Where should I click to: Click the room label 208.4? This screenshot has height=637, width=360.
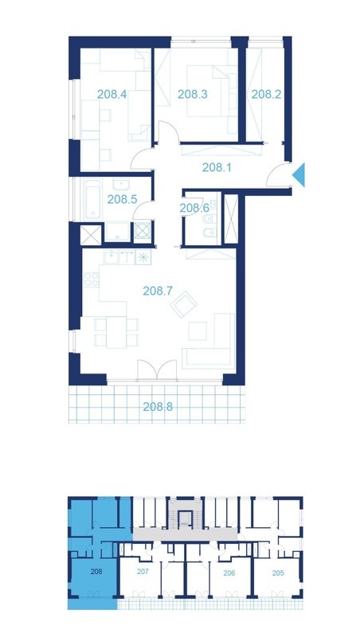[112, 94]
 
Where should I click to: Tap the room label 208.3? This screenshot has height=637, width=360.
[192, 94]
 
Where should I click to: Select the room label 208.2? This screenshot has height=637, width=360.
[266, 94]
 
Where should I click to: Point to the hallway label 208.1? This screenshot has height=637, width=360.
[217, 167]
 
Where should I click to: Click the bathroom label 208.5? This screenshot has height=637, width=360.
[122, 199]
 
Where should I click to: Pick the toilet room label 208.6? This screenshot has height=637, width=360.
[194, 208]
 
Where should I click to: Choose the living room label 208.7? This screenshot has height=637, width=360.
[158, 291]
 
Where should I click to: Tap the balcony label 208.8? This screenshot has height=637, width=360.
[158, 406]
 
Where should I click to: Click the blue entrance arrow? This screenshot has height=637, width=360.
[299, 174]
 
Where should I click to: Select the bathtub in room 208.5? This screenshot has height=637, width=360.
[92, 200]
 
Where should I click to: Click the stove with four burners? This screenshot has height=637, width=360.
[91, 279]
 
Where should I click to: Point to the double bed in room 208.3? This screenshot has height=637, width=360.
[208, 92]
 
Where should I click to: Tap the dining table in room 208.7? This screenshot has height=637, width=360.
[116, 332]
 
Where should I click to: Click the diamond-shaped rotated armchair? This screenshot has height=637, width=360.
[183, 304]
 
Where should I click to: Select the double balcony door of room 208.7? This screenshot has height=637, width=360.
[157, 369]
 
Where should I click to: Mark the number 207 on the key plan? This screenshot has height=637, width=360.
[143, 572]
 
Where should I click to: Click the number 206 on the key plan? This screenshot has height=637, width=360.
[229, 573]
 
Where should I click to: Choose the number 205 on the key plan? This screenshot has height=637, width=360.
[278, 573]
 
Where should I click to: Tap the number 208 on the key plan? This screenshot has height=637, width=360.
[96, 572]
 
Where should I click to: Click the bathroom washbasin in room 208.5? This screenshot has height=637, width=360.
[121, 186]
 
